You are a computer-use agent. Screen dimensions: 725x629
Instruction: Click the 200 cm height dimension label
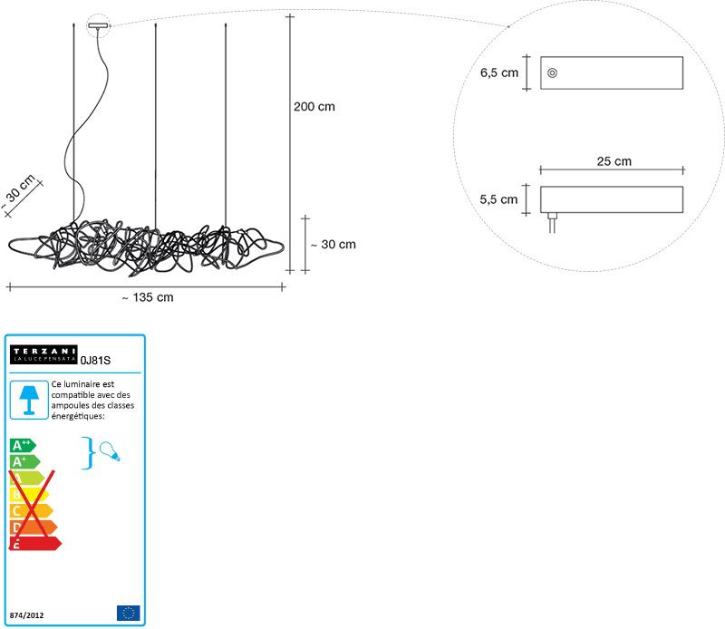(314, 107)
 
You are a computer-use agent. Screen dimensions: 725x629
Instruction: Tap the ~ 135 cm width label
(148, 297)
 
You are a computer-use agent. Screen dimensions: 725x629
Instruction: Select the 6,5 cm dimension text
(499, 73)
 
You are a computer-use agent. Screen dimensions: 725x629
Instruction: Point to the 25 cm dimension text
(614, 161)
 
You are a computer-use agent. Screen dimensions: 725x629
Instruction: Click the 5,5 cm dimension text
(498, 199)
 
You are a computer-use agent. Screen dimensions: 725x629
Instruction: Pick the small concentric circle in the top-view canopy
(552, 73)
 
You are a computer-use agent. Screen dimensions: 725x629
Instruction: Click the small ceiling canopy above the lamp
(98, 25)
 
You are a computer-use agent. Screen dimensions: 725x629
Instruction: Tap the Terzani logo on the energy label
(43, 354)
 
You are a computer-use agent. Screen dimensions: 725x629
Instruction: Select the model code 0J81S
(96, 361)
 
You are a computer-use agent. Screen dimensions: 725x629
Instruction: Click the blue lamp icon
(29, 400)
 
